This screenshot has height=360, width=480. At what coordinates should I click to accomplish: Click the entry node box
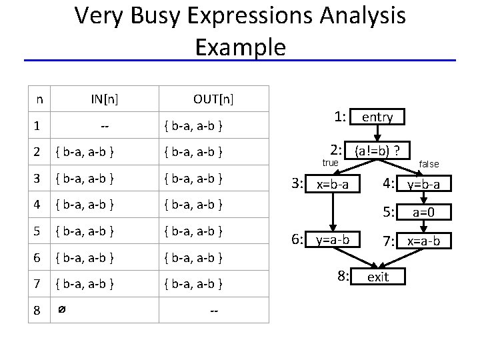(377, 117)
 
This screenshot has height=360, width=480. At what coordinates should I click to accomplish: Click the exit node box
(378, 276)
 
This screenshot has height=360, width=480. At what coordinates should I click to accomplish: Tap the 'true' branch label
(331, 163)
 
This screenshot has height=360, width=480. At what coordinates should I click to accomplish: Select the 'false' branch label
(429, 164)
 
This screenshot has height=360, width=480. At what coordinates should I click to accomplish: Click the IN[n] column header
(105, 99)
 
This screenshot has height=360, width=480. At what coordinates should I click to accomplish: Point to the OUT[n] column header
(213, 99)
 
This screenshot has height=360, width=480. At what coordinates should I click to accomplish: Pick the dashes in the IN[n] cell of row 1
(105, 125)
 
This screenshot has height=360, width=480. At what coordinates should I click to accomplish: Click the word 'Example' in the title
(240, 47)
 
